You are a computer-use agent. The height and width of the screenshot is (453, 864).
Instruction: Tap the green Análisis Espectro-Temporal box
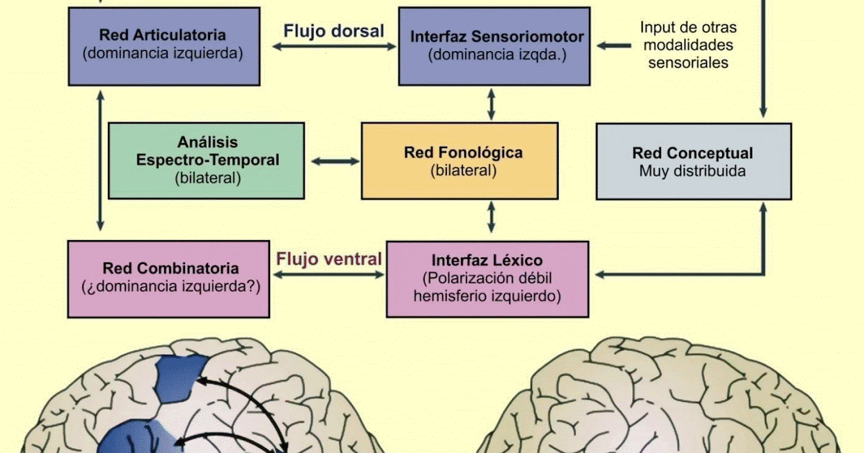[207, 160]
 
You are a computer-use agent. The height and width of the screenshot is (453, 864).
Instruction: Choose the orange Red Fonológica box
[459, 160]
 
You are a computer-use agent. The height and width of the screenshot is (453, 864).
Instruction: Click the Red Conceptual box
[693, 161]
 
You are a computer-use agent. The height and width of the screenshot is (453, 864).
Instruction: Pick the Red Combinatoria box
[170, 278]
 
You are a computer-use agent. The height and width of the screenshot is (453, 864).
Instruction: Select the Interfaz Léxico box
[487, 278]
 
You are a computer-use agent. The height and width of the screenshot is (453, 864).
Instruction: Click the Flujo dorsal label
[333, 31]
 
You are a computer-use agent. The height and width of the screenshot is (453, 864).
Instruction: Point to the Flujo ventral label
[329, 259]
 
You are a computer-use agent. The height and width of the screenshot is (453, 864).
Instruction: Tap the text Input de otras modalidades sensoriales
[688, 45]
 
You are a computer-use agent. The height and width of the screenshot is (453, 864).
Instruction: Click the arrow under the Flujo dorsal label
[334, 47]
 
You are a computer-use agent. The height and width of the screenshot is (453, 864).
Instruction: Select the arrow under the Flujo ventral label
[328, 274]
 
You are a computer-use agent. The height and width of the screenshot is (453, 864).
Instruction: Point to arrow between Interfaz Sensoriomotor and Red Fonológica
[492, 104]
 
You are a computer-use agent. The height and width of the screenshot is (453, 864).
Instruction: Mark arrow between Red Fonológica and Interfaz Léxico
[492, 216]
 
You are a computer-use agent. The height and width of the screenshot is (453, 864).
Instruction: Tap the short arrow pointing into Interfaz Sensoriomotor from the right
[614, 46]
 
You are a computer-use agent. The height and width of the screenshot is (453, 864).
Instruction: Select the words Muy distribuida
[693, 171]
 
